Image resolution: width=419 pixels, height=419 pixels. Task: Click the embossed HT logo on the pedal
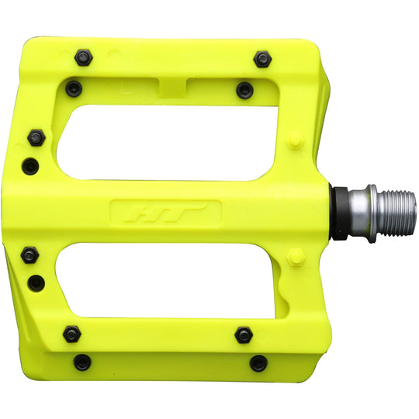pyautogui.click(x=165, y=213)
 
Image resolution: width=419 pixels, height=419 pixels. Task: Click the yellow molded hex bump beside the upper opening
pyautogui.click(x=295, y=141)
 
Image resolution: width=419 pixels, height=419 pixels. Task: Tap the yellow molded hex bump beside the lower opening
pyautogui.click(x=295, y=258)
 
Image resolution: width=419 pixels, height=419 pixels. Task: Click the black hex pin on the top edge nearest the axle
pyautogui.click(x=263, y=58)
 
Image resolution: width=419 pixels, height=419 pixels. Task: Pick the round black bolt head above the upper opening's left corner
pyautogui.click(x=74, y=89)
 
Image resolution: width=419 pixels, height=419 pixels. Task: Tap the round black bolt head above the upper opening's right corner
pyautogui.click(x=245, y=90)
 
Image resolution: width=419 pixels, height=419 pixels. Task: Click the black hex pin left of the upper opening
pyautogui.click(x=36, y=137)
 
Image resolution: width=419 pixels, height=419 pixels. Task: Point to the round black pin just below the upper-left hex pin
pyautogui.click(x=31, y=164)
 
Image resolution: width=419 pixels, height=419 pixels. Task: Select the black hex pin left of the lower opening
pyautogui.click(x=31, y=255)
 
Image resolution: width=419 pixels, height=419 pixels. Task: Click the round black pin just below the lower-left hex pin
pyautogui.click(x=36, y=283)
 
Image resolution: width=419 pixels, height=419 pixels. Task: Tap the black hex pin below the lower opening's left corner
pyautogui.click(x=72, y=334)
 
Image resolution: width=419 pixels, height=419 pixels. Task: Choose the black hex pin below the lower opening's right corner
pyautogui.click(x=244, y=334)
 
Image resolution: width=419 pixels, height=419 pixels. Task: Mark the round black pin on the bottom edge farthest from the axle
pyautogui.click(x=82, y=362)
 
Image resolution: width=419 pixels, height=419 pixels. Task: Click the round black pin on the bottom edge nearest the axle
pyautogui.click(x=258, y=363)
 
